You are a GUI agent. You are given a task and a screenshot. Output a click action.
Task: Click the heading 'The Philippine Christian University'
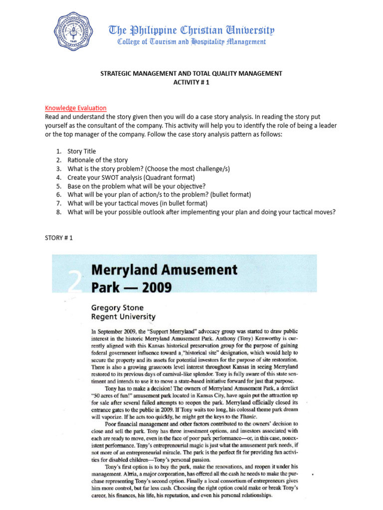click(191, 31)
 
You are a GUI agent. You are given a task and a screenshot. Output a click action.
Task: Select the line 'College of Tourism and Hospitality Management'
click(191, 42)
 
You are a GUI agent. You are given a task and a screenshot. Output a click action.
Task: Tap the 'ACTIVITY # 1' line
click(191, 82)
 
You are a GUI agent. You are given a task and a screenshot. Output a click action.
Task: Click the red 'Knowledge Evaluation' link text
click(76, 108)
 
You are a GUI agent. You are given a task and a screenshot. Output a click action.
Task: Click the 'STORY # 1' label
click(59, 238)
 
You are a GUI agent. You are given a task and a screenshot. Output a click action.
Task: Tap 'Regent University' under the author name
click(123, 317)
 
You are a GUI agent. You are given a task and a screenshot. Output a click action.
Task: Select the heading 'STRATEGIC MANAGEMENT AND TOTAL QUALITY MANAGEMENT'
click(191, 73)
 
